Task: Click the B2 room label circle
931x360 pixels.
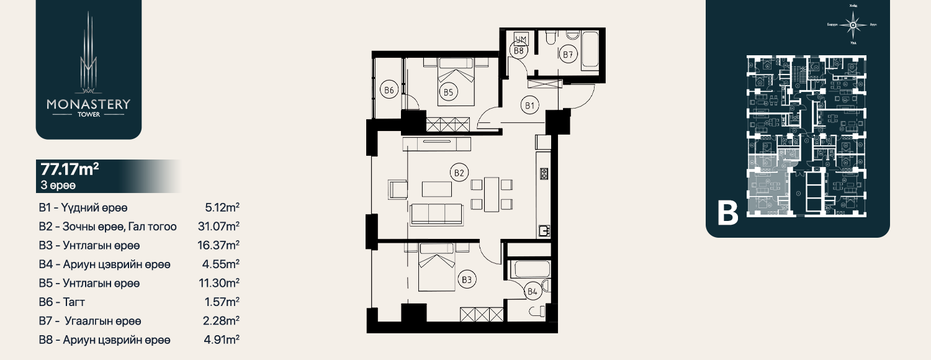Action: [x=459, y=173]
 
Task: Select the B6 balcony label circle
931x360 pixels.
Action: [x=389, y=91]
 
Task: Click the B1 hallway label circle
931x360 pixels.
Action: [x=529, y=106]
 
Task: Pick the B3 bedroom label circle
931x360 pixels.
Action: [x=467, y=281]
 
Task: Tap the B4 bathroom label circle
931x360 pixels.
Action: [x=532, y=290]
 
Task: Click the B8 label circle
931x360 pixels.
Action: [x=519, y=52]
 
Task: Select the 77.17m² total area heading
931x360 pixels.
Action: [x=70, y=169]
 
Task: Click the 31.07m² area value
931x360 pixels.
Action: [x=218, y=227]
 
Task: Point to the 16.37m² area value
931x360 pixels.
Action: [x=218, y=245]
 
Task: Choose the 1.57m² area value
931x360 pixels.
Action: [x=222, y=302]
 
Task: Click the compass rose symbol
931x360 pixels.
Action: [x=853, y=25]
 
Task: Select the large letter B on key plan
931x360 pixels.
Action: [x=728, y=213]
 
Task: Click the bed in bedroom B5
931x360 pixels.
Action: [x=456, y=81]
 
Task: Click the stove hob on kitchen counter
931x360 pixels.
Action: [x=544, y=173]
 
